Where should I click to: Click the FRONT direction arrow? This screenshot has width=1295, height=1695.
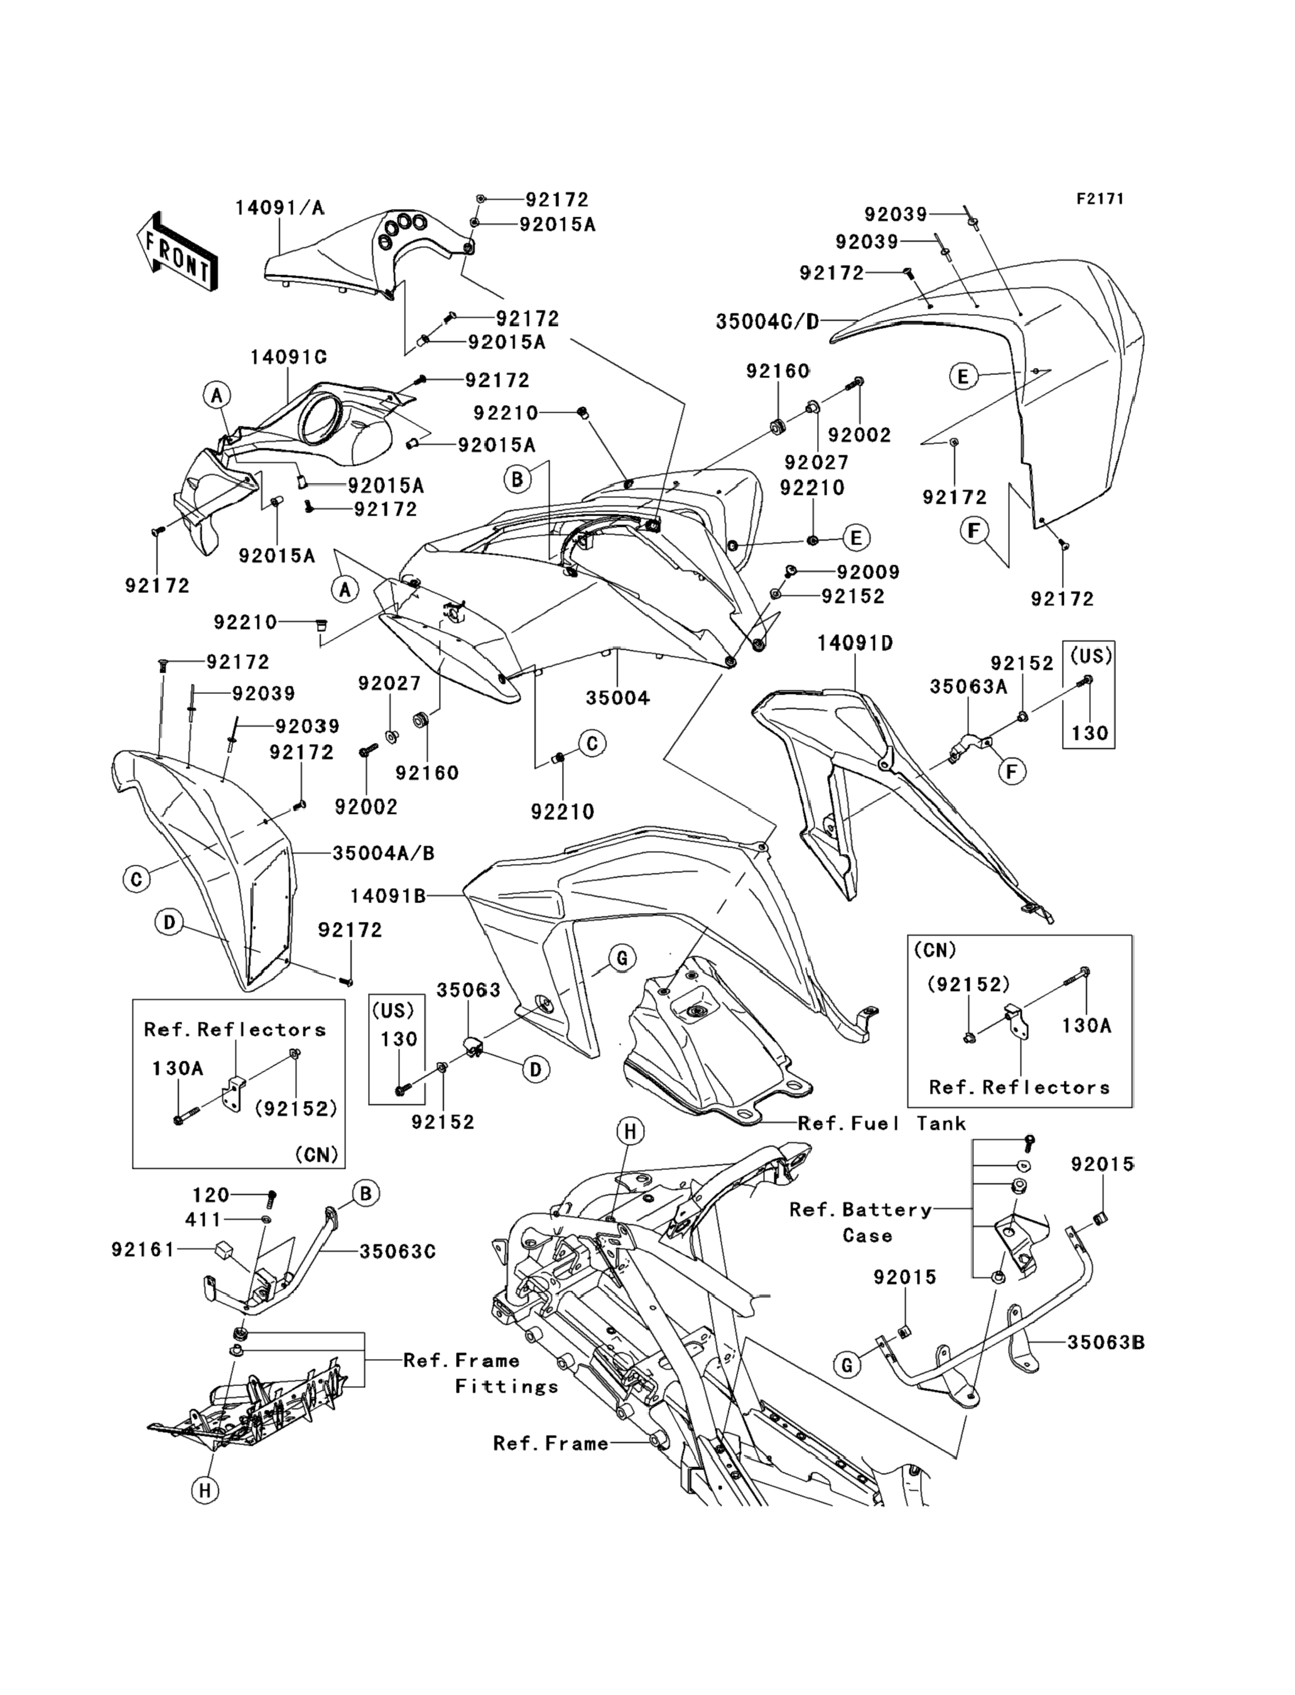[176, 251]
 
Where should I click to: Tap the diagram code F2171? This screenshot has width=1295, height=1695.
[1100, 199]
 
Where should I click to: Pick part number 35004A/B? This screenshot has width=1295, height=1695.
[383, 853]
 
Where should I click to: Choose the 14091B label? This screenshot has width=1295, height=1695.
[387, 896]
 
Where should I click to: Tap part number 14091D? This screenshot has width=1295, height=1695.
[855, 643]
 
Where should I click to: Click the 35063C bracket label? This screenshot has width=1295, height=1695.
[397, 1252]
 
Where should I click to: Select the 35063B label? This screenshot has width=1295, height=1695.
[1105, 1343]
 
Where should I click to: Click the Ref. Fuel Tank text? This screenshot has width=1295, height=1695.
[882, 1124]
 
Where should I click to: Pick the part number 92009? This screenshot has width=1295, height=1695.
[868, 572]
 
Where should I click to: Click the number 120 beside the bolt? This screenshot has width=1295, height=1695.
[210, 1196]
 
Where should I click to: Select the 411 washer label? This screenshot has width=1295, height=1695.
[203, 1220]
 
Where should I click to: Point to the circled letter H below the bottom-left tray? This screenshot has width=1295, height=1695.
[204, 1491]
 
